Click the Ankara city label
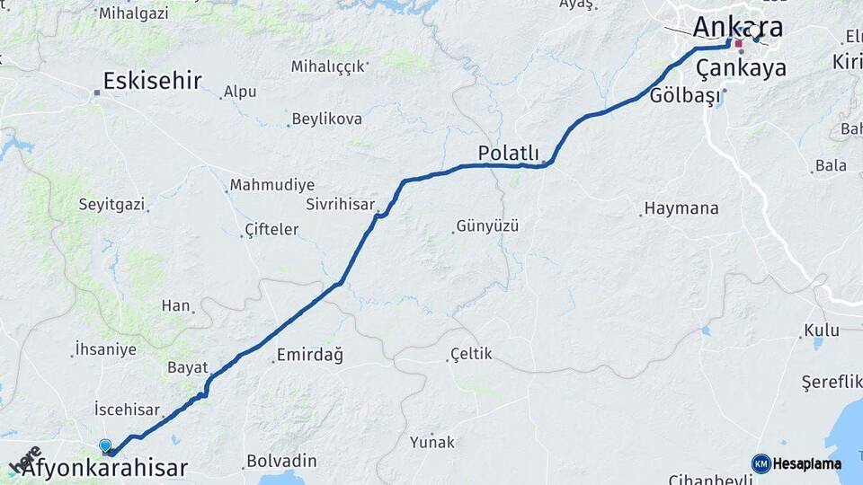tap(736, 27)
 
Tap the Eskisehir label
tap(152, 81)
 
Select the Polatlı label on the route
tap(508, 153)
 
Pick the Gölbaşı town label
tap(685, 95)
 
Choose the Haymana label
tap(683, 208)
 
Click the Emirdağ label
tap(310, 355)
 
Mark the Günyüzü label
tap(487, 225)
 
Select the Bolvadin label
tap(282, 461)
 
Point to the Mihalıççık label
tap(328, 66)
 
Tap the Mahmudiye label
tap(272, 185)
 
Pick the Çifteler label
tap(272, 230)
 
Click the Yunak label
tap(432, 442)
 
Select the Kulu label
tap(822, 331)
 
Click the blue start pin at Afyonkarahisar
tap(105, 445)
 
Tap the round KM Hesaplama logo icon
tap(761, 463)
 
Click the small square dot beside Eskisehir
tap(96, 92)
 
